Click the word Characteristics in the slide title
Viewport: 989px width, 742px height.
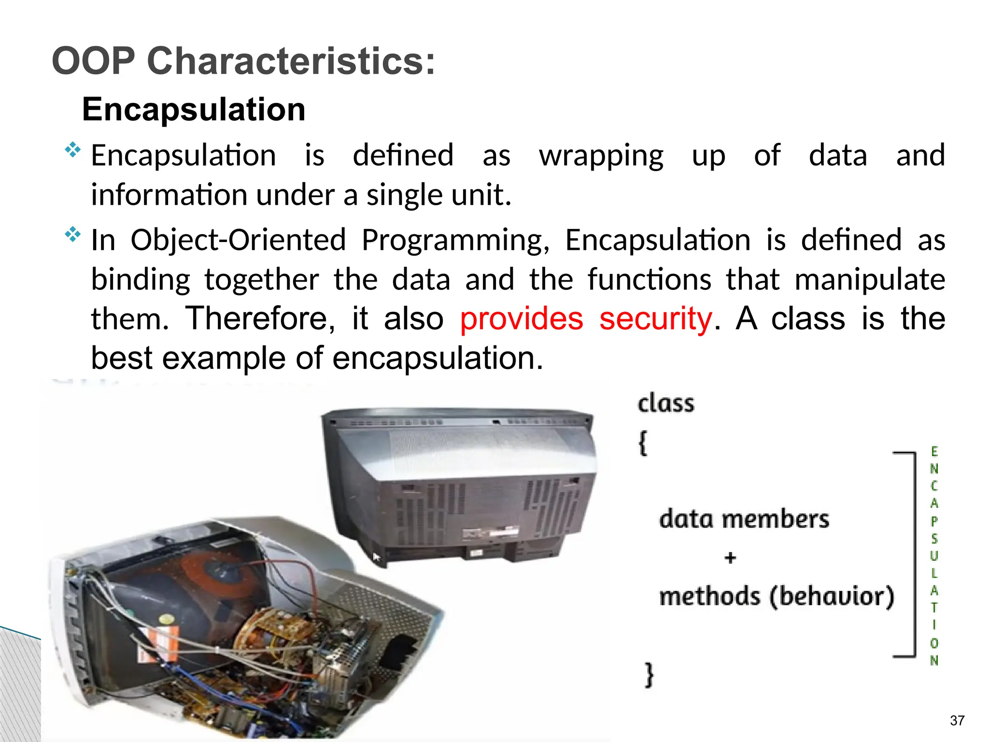291,61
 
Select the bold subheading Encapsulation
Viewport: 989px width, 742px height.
194,109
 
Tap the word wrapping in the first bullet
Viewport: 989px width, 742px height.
601,156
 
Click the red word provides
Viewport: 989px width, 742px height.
522,319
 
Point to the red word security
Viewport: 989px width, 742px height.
655,319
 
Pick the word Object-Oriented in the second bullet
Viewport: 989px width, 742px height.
238,240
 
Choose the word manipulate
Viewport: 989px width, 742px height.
870,280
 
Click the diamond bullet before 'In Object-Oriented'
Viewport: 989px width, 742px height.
72,235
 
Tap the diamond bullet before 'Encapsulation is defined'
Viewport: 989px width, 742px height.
72,150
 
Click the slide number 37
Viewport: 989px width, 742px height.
957,720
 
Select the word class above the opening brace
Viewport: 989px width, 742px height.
665,403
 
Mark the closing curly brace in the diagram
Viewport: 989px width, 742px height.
650,674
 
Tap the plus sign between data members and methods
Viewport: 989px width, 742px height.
730,558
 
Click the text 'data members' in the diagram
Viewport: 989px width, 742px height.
744,519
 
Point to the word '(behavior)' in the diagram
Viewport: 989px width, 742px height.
832,596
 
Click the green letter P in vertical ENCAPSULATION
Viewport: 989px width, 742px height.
934,521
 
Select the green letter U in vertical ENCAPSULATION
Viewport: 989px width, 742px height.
934,556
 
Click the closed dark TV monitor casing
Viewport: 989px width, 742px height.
459,483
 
